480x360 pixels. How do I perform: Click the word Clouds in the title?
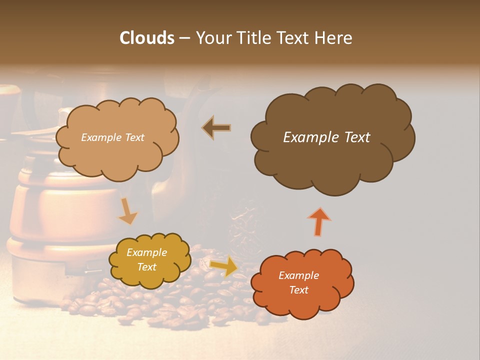146,38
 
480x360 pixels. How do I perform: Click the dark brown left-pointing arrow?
216,128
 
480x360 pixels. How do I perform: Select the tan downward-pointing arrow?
127,211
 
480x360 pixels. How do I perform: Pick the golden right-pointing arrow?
223,266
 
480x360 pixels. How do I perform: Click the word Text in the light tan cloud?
134,137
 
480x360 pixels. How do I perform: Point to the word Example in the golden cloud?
147,252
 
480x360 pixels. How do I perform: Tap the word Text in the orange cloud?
298,290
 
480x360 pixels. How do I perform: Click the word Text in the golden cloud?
147,267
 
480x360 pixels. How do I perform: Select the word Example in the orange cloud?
298,275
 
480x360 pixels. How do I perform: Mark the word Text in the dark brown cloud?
356,137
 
